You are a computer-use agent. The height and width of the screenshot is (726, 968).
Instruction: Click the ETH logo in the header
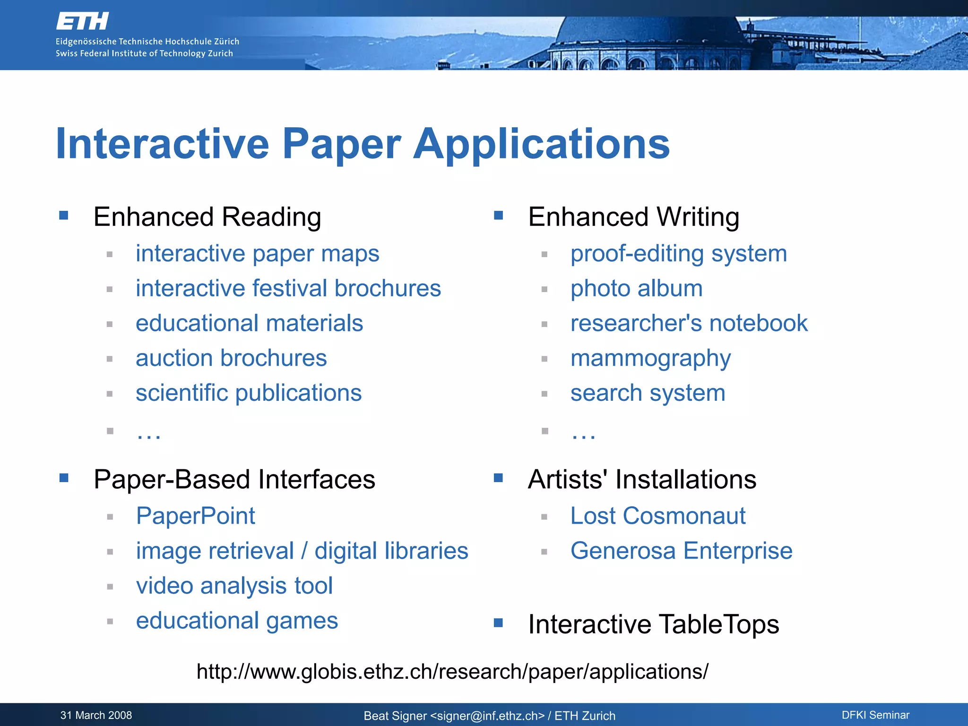82,21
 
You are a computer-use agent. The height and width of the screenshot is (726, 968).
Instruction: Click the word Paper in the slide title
341,144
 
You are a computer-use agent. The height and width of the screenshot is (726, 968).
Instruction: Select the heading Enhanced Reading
207,217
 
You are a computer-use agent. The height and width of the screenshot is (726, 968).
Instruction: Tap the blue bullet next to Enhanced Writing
498,216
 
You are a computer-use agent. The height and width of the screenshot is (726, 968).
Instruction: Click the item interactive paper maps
257,254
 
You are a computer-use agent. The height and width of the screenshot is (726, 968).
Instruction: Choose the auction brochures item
231,358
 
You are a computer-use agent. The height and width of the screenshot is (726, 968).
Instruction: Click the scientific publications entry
249,393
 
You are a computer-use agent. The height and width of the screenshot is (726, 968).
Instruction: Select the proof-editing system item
678,254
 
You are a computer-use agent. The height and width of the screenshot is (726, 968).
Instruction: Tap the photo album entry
636,289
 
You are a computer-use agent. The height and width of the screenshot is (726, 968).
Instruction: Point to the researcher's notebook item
689,324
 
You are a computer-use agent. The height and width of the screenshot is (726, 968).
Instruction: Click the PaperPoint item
195,516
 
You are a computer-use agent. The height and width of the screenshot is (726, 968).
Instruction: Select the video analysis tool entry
234,586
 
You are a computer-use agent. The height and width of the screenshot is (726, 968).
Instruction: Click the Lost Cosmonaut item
657,516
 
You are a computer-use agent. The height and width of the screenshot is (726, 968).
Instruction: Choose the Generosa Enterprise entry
681,551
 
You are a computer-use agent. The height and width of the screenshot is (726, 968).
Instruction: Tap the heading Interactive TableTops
653,624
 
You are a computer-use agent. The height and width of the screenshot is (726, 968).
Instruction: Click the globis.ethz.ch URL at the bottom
452,672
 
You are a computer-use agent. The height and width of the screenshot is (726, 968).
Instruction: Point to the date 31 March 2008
96,715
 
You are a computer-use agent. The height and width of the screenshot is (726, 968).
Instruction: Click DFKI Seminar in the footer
875,715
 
